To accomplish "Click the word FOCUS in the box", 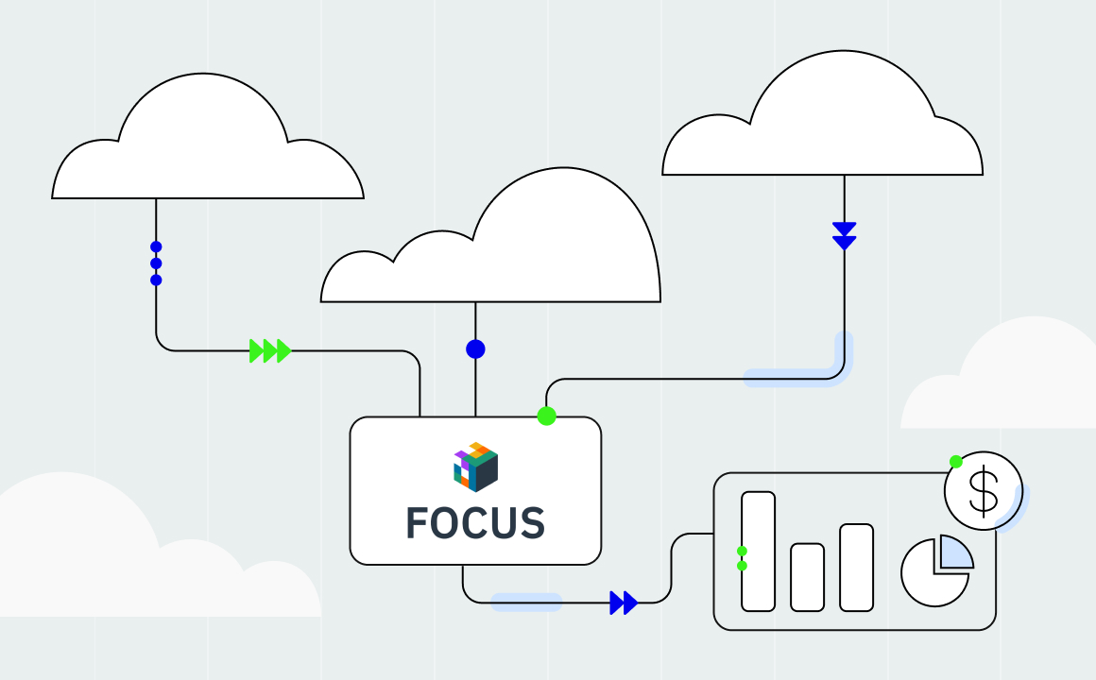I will pos(475,522).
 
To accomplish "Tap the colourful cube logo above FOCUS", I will pos(475,467).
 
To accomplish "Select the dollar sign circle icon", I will pos(984,490).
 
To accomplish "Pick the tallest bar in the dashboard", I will pos(758,551).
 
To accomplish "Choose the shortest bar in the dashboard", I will pos(807,576).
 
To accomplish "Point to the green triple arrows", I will pos(269,351).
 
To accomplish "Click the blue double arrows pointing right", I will pos(624,603).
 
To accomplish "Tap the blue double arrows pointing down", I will pos(844,235).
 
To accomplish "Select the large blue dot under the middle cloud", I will pos(475,349).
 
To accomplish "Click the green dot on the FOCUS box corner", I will pos(546,416).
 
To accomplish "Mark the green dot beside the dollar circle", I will pos(956,462).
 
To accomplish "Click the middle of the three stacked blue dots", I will pos(156,263).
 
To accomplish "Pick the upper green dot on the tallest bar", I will pos(743,551).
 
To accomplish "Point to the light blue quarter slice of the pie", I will pos(954,552).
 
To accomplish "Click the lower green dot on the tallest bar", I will pos(743,566).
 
